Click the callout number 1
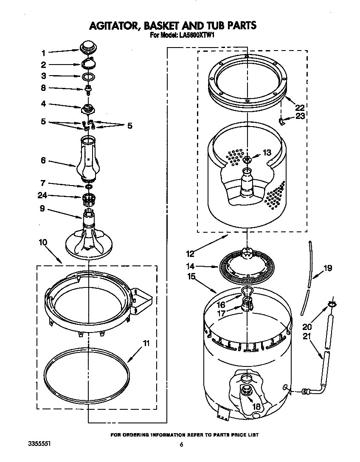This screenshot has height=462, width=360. [43, 53]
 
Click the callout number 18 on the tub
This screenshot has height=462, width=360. [256, 406]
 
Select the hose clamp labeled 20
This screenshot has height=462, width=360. [332, 304]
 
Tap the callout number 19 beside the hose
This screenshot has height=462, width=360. [327, 268]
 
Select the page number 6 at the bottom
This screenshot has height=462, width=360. [181, 445]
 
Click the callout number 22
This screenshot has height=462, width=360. [300, 107]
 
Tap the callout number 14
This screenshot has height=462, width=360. [190, 266]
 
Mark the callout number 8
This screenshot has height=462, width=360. [43, 88]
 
